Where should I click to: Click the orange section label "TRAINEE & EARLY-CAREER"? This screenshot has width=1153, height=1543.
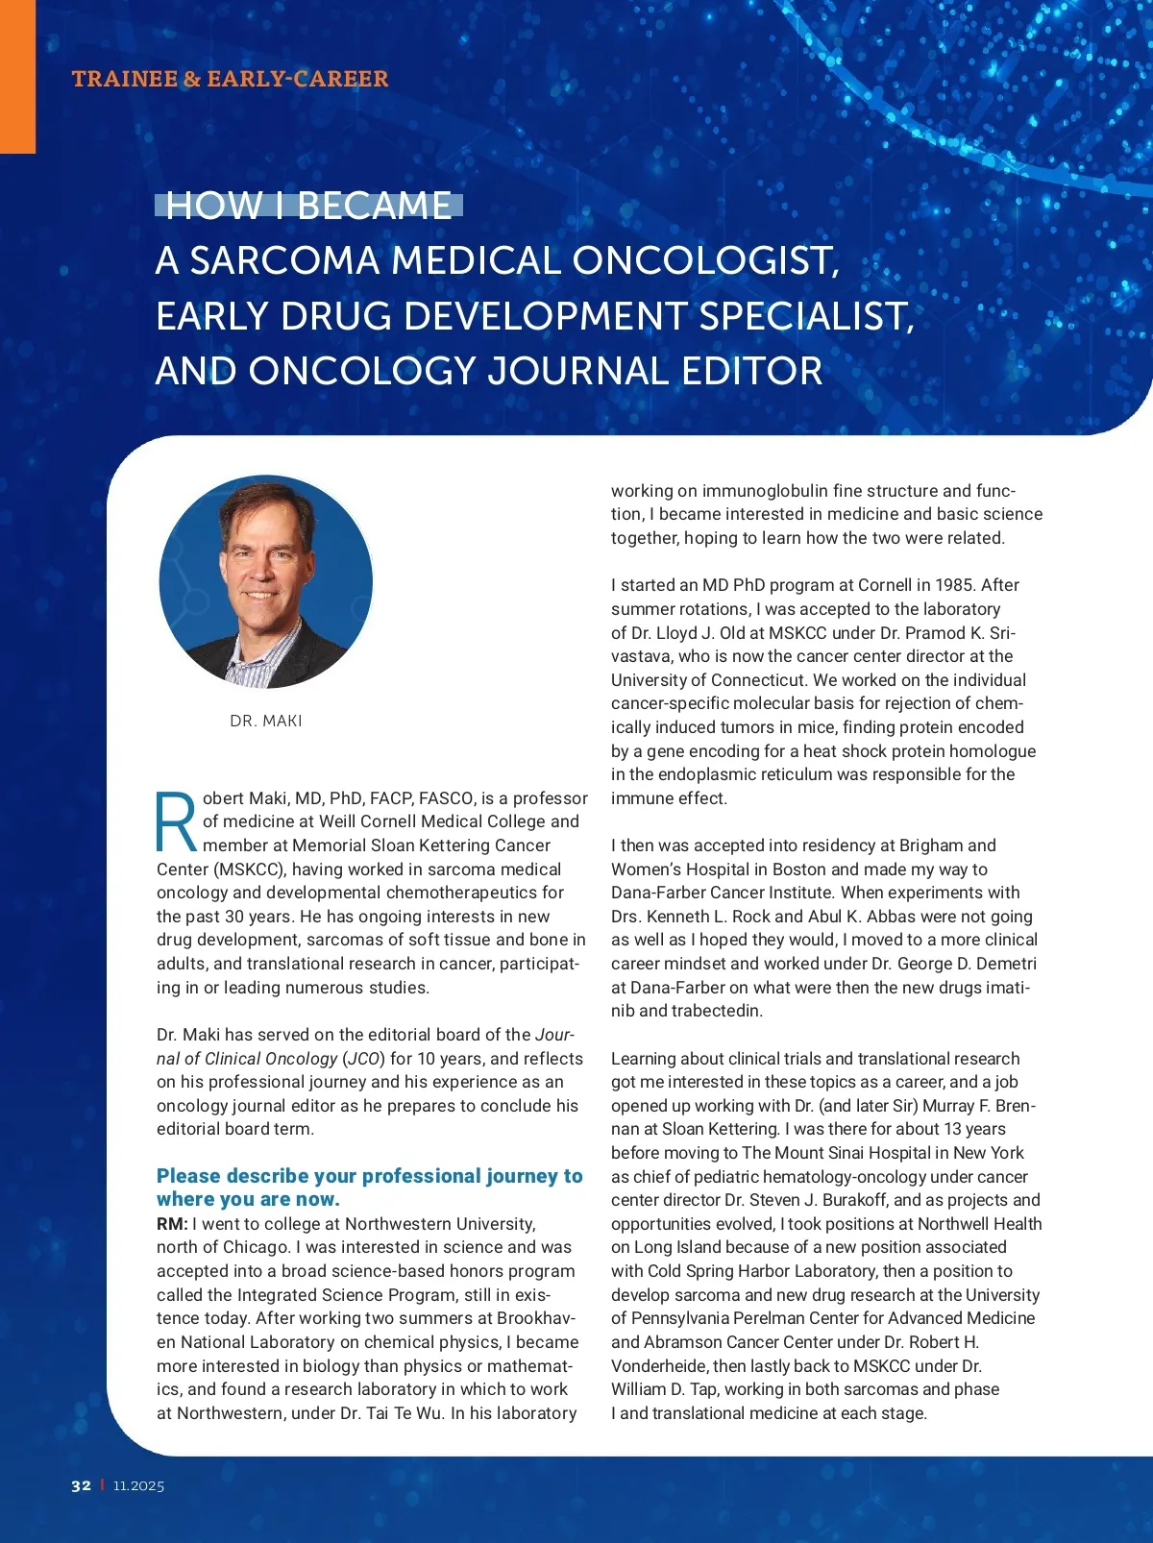pos(230,79)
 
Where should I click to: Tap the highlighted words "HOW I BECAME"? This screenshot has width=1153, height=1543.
pos(308,206)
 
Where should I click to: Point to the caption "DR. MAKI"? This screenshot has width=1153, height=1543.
pos(266,721)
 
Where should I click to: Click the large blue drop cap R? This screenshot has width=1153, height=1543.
pos(177,821)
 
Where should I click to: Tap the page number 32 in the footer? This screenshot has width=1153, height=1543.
pos(81,1485)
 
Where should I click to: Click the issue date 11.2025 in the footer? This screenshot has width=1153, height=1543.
pos(138,1485)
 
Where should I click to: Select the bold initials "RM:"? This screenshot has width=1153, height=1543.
pos(172,1224)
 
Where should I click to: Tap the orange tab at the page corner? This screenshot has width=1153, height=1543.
pos(17,77)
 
